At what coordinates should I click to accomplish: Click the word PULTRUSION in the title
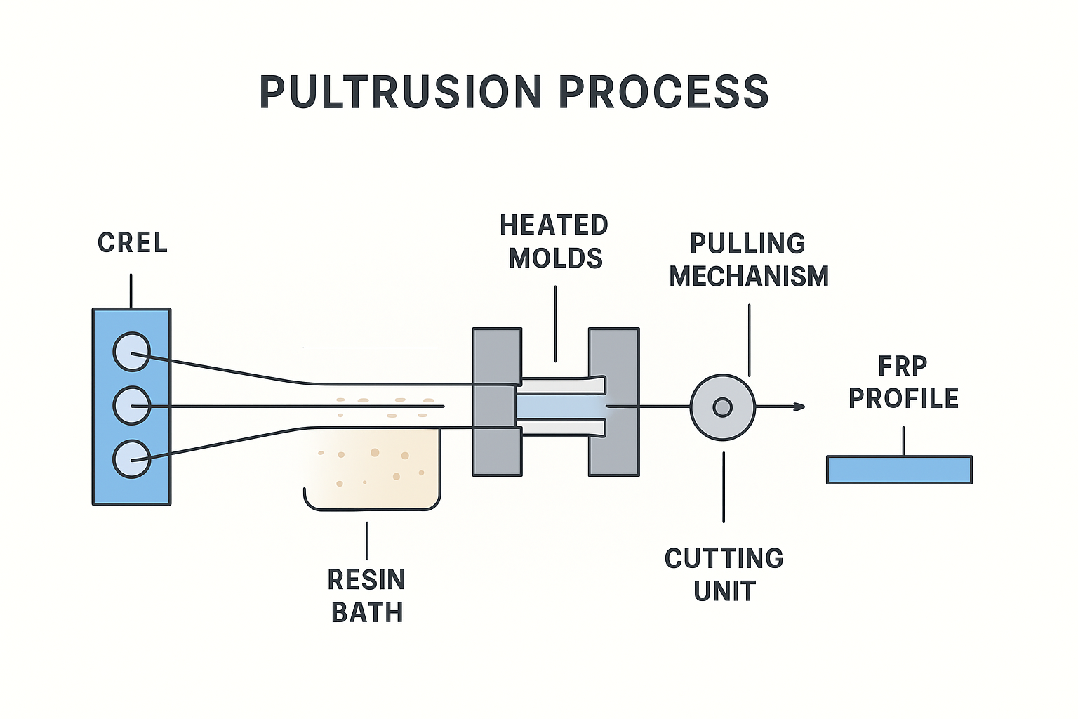pyautogui.click(x=401, y=92)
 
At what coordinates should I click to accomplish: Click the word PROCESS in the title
pyautogui.click(x=664, y=92)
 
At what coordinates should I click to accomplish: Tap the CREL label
pyautogui.click(x=133, y=243)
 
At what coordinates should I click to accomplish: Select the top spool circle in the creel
pyautogui.click(x=132, y=351)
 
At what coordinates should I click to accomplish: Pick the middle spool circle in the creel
pyautogui.click(x=132, y=405)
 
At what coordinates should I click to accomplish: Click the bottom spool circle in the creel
pyautogui.click(x=132, y=459)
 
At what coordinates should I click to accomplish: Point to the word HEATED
pyautogui.click(x=554, y=225)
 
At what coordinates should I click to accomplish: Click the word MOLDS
pyautogui.click(x=555, y=258)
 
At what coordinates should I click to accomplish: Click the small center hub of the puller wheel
pyautogui.click(x=722, y=407)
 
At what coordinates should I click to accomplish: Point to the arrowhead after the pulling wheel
pyautogui.click(x=799, y=407)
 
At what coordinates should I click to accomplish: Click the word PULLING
pyautogui.click(x=747, y=244)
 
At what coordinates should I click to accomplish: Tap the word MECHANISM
pyautogui.click(x=749, y=276)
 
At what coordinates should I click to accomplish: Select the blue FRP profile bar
pyautogui.click(x=899, y=470)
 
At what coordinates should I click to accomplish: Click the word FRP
pyautogui.click(x=903, y=366)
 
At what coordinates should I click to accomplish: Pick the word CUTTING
pyautogui.click(x=724, y=559)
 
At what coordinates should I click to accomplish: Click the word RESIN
pyautogui.click(x=366, y=580)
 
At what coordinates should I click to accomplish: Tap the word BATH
pyautogui.click(x=367, y=613)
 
